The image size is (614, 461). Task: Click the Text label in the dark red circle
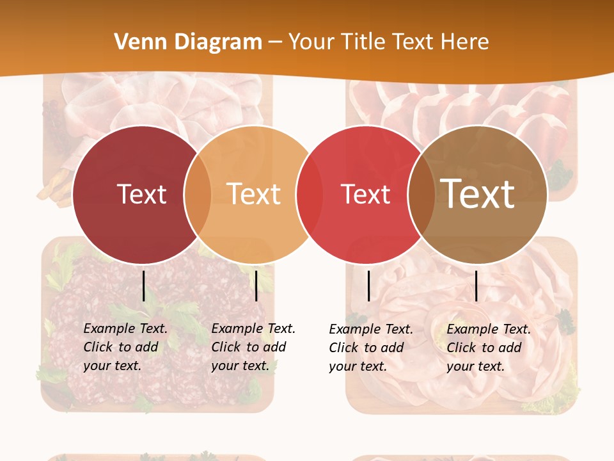coord(141,194)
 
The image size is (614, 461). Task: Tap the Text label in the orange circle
coord(254,194)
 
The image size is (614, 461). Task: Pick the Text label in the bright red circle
coord(365,194)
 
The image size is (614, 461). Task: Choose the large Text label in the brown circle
coord(478,193)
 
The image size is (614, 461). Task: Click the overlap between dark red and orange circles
coord(198,195)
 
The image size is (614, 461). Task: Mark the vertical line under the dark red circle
coord(144,286)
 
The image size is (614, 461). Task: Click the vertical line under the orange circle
coord(256,286)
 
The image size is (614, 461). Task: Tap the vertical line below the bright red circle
coord(369,286)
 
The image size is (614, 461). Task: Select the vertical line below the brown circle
coord(476,286)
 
